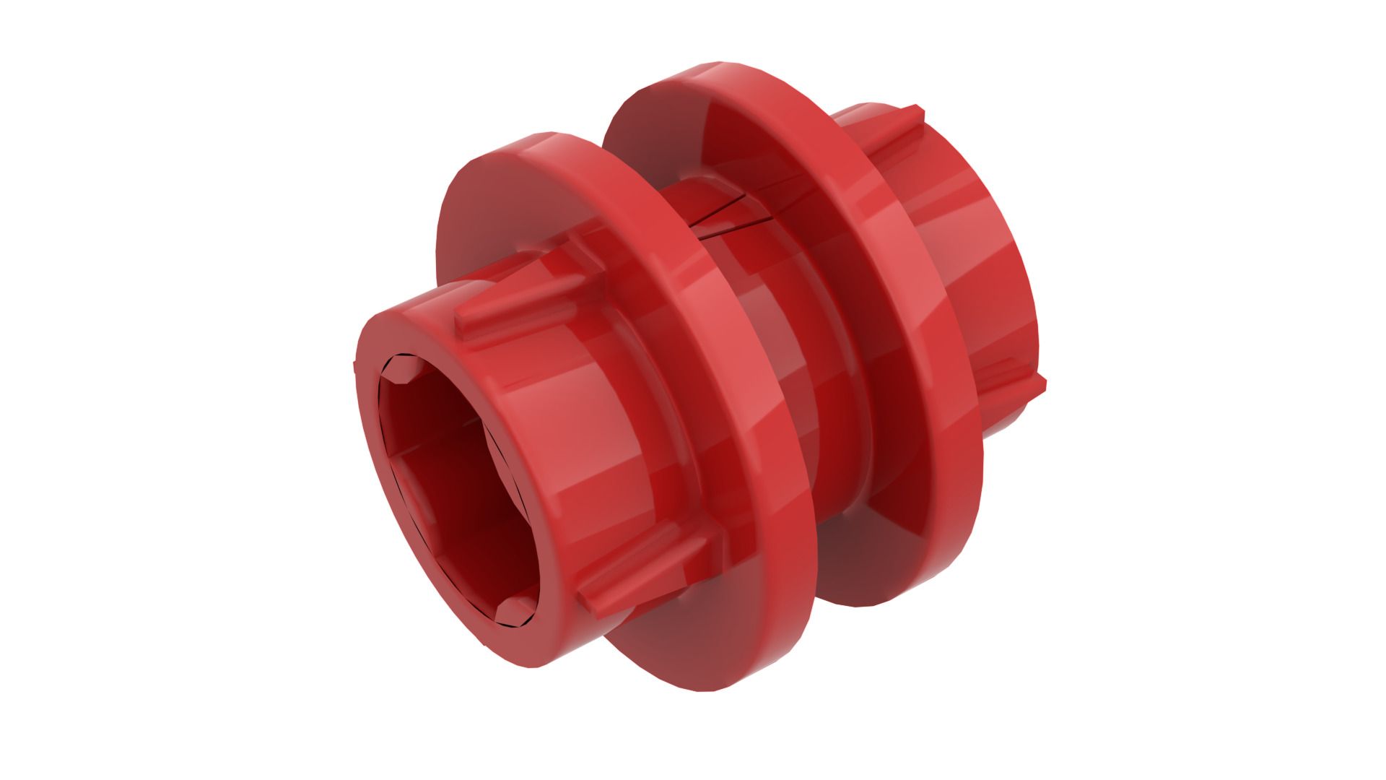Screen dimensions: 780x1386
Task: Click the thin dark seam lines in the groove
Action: point(729,217)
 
